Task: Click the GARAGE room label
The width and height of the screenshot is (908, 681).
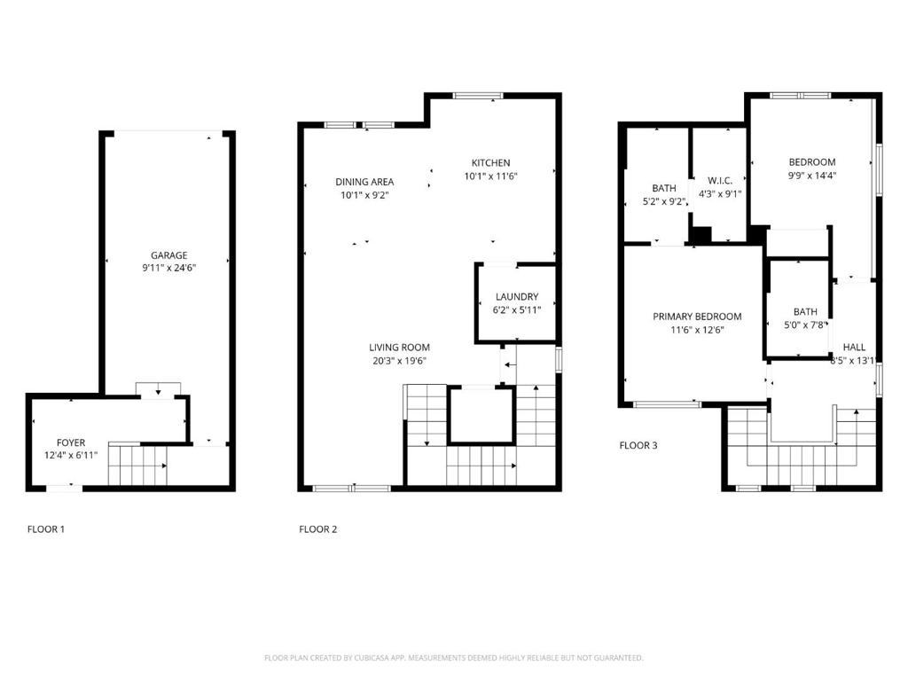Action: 169,254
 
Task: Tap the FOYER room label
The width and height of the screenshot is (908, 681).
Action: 71,442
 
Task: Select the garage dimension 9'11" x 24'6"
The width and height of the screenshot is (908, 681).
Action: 169,268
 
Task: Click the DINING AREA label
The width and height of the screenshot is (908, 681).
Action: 364,182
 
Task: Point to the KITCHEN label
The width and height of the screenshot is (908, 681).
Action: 490,163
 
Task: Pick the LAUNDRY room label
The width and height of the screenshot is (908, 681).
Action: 517,296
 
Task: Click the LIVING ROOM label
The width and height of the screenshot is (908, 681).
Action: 400,348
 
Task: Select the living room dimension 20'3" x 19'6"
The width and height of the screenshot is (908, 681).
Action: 400,361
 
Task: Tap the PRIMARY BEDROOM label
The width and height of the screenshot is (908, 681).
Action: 697,317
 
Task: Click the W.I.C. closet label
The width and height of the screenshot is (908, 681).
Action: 720,181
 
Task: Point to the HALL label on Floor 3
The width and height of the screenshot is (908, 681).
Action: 854,348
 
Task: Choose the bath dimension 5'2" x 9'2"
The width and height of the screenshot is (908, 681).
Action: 664,201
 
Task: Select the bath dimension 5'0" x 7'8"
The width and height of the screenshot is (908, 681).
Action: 805,325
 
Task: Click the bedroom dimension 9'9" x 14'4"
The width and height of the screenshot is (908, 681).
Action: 812,176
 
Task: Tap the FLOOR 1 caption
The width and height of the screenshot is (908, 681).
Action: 46,529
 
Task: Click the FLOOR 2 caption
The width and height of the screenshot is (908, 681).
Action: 318,529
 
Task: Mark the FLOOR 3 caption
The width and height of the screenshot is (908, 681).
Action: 638,445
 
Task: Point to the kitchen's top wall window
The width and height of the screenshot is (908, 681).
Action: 478,96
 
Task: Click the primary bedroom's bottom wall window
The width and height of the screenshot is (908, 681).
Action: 667,404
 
